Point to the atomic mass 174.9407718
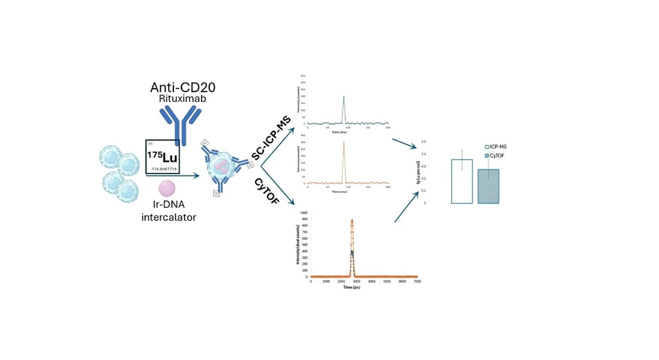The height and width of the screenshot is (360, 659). point(164,168)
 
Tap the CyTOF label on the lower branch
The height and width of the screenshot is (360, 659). point(271,191)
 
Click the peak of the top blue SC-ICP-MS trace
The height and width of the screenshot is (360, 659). point(343,97)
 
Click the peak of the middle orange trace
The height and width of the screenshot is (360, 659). point(343,142)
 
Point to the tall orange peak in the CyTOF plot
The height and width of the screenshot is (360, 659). point(352,221)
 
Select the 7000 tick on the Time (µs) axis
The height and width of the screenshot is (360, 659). point(418,282)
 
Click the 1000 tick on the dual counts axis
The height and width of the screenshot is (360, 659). point(303,213)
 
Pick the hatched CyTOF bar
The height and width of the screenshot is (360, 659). point(489,186)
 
